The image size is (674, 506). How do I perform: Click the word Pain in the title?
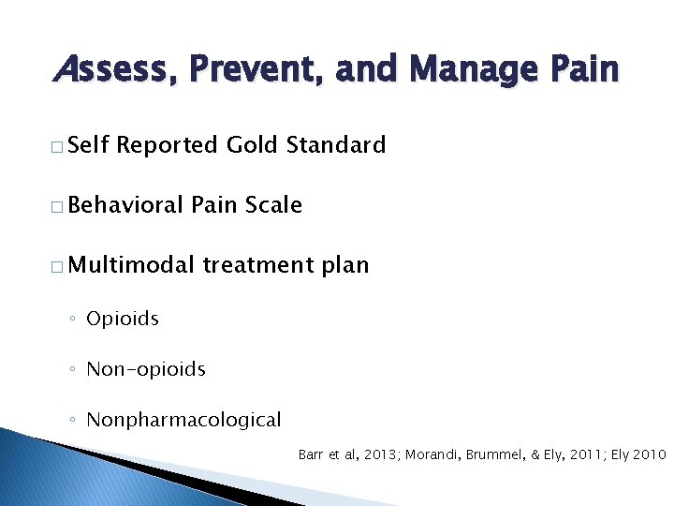tap(583, 69)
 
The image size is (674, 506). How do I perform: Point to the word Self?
tap(89, 145)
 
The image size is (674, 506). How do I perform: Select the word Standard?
tap(336, 145)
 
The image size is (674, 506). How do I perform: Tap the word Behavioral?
tap(126, 205)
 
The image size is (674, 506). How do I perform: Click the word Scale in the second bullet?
tap(272, 205)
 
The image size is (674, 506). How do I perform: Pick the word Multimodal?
tap(131, 265)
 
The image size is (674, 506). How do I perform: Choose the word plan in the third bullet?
tap(345, 266)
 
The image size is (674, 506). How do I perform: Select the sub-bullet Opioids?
tap(123, 319)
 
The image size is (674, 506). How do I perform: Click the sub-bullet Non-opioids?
tap(145, 369)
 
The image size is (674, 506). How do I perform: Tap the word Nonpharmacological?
tap(183, 420)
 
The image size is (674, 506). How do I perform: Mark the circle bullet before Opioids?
tap(73, 320)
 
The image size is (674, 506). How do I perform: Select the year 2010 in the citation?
tap(649, 454)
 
